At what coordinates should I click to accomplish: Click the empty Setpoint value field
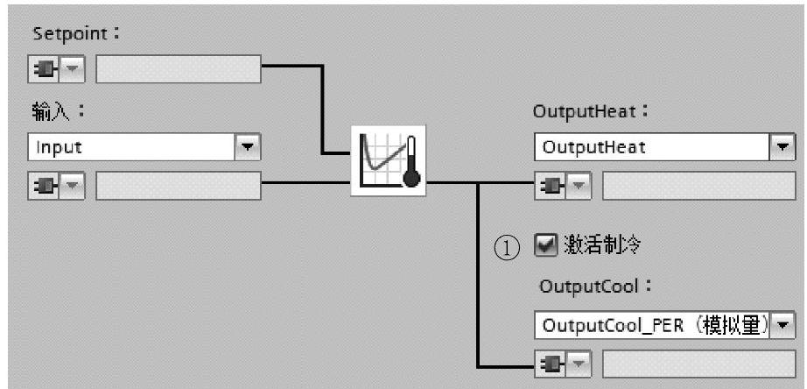click(x=178, y=69)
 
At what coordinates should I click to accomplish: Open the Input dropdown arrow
click(x=249, y=147)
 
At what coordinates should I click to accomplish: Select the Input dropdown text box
click(x=131, y=147)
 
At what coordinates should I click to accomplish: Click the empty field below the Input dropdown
click(x=178, y=186)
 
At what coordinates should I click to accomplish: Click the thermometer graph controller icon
click(x=388, y=159)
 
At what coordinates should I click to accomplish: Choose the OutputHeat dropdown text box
click(x=651, y=147)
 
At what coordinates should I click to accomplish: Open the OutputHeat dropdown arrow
click(x=782, y=147)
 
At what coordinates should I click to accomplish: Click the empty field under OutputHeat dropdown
click(x=698, y=186)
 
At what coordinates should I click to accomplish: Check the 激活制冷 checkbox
click(x=544, y=246)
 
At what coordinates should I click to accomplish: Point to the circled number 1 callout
click(x=506, y=248)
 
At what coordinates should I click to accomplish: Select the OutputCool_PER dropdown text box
click(x=651, y=326)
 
